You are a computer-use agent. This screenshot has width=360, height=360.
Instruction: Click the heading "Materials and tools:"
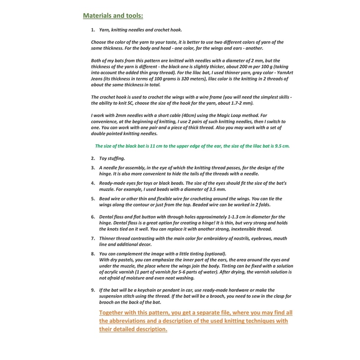[x=113, y=16]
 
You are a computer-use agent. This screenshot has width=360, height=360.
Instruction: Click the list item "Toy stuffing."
[x=112, y=158]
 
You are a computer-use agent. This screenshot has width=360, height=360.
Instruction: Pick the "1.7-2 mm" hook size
[x=263, y=103]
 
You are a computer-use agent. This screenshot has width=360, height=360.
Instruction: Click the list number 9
[x=93, y=290]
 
